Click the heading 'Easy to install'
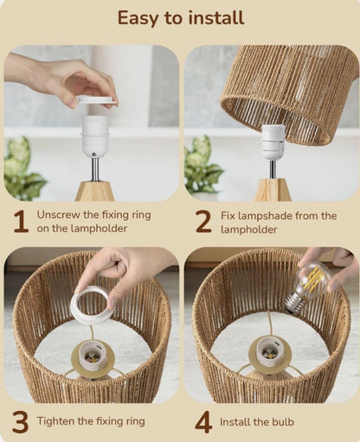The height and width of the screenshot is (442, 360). tap(180, 17)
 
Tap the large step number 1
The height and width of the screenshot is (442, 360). tap(20, 222)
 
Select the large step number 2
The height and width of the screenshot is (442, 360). tap(202, 222)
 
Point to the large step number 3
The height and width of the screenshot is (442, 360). tap(20, 422)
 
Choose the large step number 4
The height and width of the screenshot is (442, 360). tap(202, 422)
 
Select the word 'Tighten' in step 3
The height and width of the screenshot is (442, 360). tap(59, 422)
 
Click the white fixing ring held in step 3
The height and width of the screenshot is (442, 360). tap(91, 304)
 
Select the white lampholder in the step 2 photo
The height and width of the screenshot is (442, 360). tap(273, 142)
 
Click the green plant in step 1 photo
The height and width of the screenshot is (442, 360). tap(23, 170)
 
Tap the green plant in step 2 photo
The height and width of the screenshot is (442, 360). tap(202, 164)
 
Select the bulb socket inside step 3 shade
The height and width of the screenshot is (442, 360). tap(92, 355)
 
